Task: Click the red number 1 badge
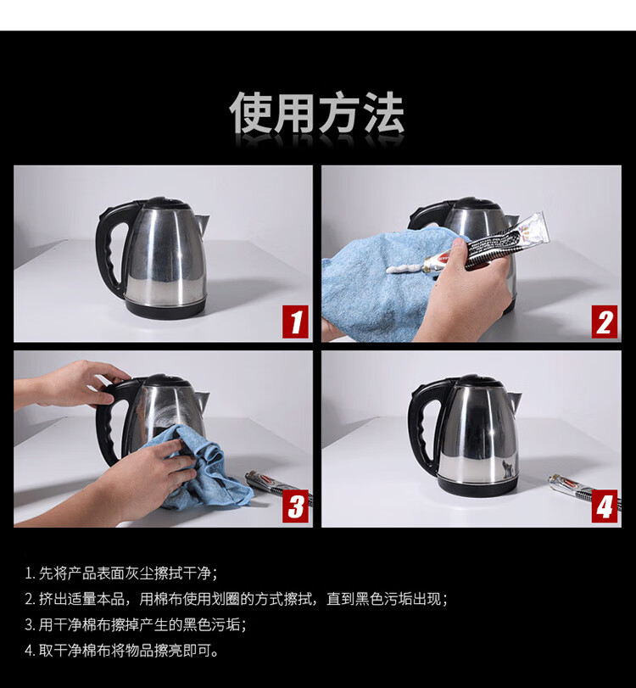coord(295,322)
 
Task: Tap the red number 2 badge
coord(604,322)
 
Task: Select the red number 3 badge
coord(295,506)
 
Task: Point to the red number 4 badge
coord(604,506)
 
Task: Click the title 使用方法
coord(316,113)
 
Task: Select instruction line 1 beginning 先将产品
coord(121,573)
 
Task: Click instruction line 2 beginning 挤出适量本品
coord(237,599)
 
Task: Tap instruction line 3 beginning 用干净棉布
coord(136,624)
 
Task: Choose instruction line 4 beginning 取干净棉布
coord(121,651)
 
